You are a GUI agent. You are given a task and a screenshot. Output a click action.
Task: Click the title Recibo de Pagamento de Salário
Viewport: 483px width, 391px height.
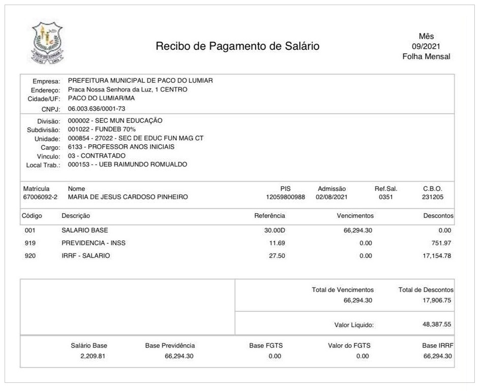click(237, 46)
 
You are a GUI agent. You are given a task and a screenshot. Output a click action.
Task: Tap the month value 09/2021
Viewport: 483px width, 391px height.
click(426, 46)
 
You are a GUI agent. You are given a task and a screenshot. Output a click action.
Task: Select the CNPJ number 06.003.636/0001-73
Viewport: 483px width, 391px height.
click(97, 109)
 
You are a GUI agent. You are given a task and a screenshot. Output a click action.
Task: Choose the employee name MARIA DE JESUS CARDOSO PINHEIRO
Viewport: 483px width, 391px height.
click(128, 197)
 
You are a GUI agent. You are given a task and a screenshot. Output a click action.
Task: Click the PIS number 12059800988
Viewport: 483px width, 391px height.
click(285, 197)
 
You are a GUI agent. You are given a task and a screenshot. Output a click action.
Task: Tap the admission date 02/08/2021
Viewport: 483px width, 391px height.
click(331, 197)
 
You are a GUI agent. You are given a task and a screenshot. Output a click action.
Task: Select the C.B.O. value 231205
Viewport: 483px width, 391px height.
click(433, 197)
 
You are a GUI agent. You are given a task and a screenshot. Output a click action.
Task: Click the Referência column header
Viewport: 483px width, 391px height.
click(269, 216)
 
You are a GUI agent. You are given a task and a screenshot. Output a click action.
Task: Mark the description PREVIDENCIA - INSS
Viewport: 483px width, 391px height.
click(94, 243)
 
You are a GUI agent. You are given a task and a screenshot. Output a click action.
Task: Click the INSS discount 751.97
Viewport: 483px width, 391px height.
click(441, 243)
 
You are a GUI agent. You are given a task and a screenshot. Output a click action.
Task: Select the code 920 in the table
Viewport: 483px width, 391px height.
click(30, 256)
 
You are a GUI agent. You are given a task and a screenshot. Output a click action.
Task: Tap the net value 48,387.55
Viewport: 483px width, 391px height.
click(437, 324)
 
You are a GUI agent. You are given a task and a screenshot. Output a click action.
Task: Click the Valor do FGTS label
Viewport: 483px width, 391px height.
click(349, 346)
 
